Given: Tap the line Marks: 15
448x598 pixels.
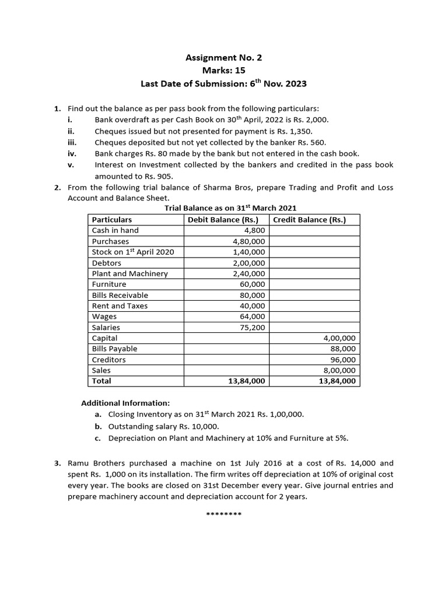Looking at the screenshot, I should [223, 71].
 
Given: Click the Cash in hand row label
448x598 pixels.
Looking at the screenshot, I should [116, 230].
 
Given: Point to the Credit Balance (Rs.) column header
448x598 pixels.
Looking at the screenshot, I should [309, 220].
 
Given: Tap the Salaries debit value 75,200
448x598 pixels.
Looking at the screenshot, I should [253, 328].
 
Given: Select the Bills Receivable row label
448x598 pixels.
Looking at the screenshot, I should [120, 295].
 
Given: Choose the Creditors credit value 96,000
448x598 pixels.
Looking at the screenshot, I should [344, 360].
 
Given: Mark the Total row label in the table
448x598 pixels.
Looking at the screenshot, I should [101, 381].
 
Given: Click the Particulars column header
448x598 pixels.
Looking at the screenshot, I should [112, 220].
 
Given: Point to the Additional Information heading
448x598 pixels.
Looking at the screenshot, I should [125, 403].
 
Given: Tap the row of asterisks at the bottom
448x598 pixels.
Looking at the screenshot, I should [224, 514].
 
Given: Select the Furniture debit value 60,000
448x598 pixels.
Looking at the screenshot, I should [253, 284].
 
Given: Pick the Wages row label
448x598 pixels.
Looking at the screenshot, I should [104, 317].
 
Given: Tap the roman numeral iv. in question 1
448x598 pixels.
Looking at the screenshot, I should [73, 154].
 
